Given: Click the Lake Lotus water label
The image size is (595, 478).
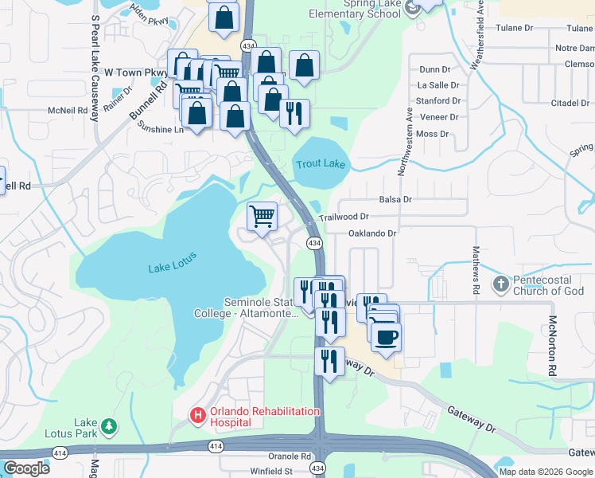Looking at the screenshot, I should (172, 263).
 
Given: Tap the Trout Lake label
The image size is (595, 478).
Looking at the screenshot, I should (321, 164).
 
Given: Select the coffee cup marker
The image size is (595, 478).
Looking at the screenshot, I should (386, 337).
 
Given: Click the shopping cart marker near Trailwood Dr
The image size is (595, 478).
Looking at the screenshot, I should (262, 216).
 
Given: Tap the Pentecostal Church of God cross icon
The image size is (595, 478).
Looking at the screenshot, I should (501, 284).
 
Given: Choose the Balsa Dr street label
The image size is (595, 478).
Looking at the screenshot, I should (395, 199).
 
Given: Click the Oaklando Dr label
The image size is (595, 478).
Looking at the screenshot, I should (371, 233).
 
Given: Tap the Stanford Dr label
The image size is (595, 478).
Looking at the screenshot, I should (438, 101).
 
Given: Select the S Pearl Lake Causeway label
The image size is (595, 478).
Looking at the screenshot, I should (95, 67).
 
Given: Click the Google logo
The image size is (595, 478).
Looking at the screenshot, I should (26, 468).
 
